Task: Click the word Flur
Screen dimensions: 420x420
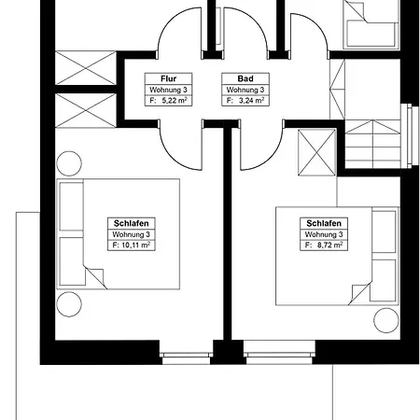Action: [x=156, y=78]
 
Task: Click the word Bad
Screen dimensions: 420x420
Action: [x=233, y=78]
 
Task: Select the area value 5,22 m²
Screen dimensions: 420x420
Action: [x=160, y=99]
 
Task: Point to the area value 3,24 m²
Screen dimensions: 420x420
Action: [x=237, y=99]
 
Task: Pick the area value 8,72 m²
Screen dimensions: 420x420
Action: [x=323, y=245]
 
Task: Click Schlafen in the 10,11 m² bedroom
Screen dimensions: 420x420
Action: [x=129, y=224]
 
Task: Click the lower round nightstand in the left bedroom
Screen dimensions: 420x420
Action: [x=69, y=303]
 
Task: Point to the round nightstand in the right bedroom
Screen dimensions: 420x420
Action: [x=385, y=320]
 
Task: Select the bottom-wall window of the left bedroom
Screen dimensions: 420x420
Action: [x=186, y=354]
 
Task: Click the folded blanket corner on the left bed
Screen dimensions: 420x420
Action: [x=94, y=276]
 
